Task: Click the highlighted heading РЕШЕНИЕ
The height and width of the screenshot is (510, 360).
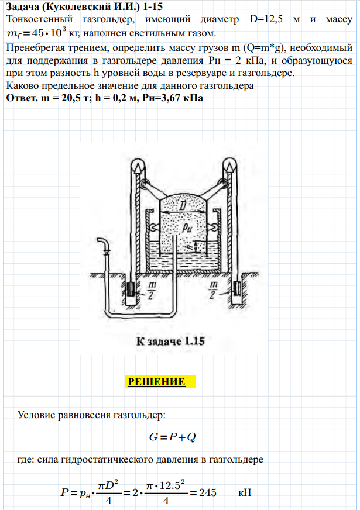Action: (156, 382)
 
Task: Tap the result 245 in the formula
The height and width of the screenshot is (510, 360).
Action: (207, 492)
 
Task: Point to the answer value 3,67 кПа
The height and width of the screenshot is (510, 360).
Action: (181, 97)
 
